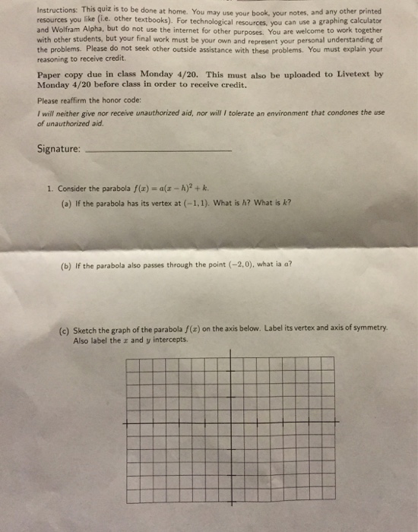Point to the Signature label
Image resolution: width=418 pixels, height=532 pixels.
click(x=59, y=150)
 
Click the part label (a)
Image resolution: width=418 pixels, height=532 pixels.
click(x=67, y=203)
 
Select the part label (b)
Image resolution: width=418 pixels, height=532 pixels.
click(x=67, y=265)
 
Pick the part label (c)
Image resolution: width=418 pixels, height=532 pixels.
click(x=67, y=328)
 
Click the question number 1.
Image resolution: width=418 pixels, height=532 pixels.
click(x=47, y=188)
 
